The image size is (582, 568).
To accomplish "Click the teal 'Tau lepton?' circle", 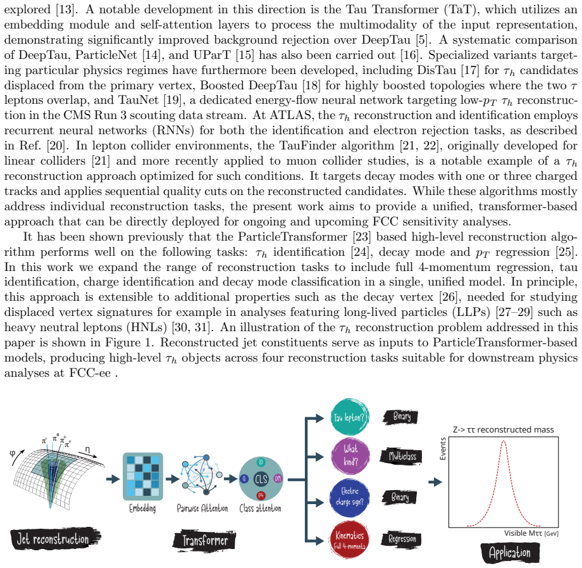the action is click(x=349, y=417).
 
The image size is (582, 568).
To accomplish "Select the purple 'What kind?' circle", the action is click(x=350, y=456).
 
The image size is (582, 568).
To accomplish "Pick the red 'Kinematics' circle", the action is click(x=349, y=540).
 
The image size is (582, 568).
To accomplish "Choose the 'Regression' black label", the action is click(x=401, y=539).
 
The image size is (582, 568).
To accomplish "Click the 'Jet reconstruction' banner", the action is click(x=55, y=539).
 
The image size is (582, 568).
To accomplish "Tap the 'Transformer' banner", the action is click(x=204, y=541).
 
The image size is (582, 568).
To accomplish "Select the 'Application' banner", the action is click(x=510, y=553).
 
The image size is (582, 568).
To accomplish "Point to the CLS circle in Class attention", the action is click(x=261, y=479).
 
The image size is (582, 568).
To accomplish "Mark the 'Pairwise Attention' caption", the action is click(x=202, y=508).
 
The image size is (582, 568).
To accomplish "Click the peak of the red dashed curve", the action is click(x=504, y=441).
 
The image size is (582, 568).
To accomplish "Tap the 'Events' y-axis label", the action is click(x=442, y=449).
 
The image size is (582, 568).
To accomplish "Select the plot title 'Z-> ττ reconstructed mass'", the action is click(x=504, y=430).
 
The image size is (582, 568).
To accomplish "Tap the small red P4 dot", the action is click(x=261, y=496).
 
